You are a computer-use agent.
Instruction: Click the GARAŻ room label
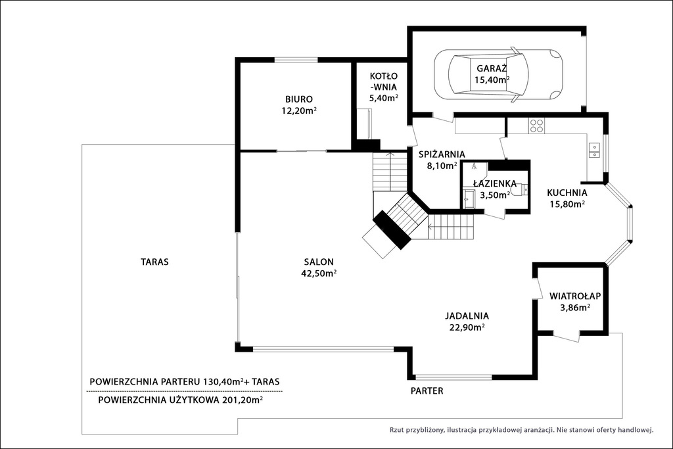click(492, 68)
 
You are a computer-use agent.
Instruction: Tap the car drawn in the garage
click(498, 75)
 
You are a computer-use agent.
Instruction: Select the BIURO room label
click(299, 99)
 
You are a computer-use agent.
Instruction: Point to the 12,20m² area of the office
click(299, 110)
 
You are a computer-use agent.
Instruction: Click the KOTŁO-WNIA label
click(384, 82)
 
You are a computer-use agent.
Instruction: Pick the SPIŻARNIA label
click(442, 154)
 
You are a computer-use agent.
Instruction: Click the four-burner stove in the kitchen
click(536, 125)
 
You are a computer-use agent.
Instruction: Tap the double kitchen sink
click(594, 149)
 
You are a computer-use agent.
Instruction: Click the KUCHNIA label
click(567, 193)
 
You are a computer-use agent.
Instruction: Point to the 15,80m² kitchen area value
click(567, 204)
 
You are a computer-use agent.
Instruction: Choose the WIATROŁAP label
click(575, 296)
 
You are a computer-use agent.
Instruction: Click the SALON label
click(319, 262)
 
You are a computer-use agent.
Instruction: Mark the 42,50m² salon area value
click(319, 273)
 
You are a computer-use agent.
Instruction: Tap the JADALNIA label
click(467, 316)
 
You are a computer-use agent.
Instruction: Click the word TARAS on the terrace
click(154, 262)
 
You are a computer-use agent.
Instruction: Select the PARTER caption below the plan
click(427, 390)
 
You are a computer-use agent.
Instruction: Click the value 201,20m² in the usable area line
click(243, 400)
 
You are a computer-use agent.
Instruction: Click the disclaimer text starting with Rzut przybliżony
click(521, 429)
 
